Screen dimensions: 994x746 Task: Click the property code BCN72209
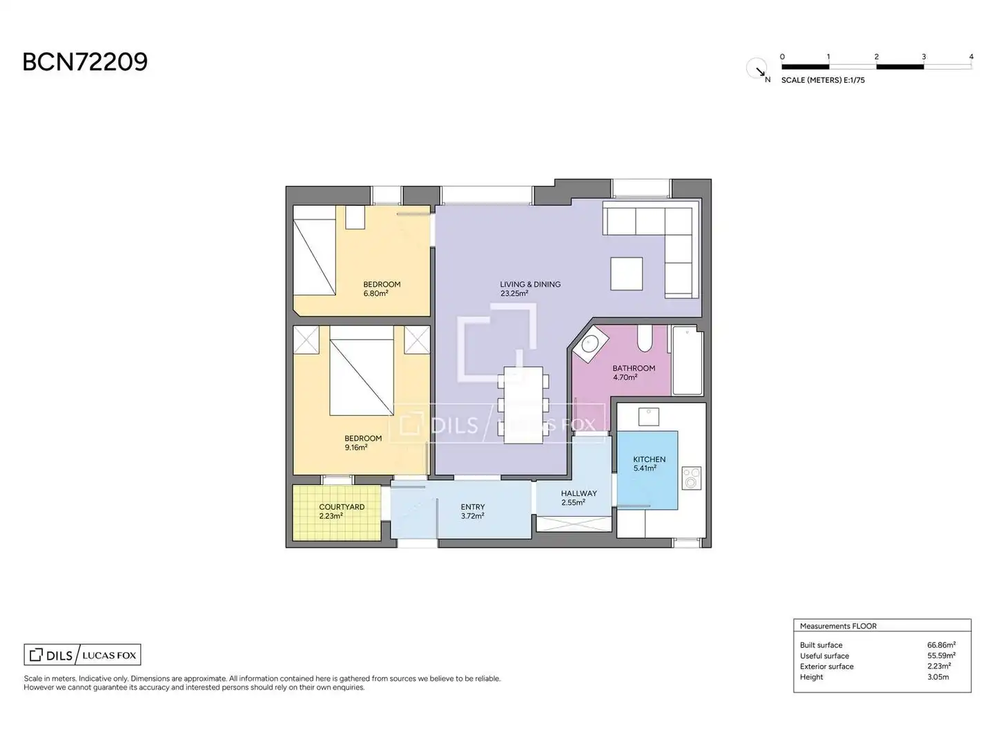(85, 62)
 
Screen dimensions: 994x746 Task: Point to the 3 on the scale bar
(924, 57)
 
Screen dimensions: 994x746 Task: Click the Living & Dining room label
(530, 285)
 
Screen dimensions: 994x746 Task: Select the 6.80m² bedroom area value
(376, 294)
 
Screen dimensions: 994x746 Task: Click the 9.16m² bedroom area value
(356, 448)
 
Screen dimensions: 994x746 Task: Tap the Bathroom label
(634, 368)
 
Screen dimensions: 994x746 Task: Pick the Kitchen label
(649, 459)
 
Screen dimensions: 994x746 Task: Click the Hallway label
(578, 493)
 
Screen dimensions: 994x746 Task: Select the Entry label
(473, 507)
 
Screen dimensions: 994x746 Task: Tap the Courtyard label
(342, 507)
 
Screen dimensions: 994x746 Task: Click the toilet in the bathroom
(645, 338)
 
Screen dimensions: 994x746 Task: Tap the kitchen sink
(648, 417)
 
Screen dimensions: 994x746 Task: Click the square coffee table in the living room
(626, 274)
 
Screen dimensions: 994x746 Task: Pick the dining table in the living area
(523, 405)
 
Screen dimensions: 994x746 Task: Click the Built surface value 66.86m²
(941, 644)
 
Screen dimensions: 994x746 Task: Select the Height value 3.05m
(938, 677)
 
